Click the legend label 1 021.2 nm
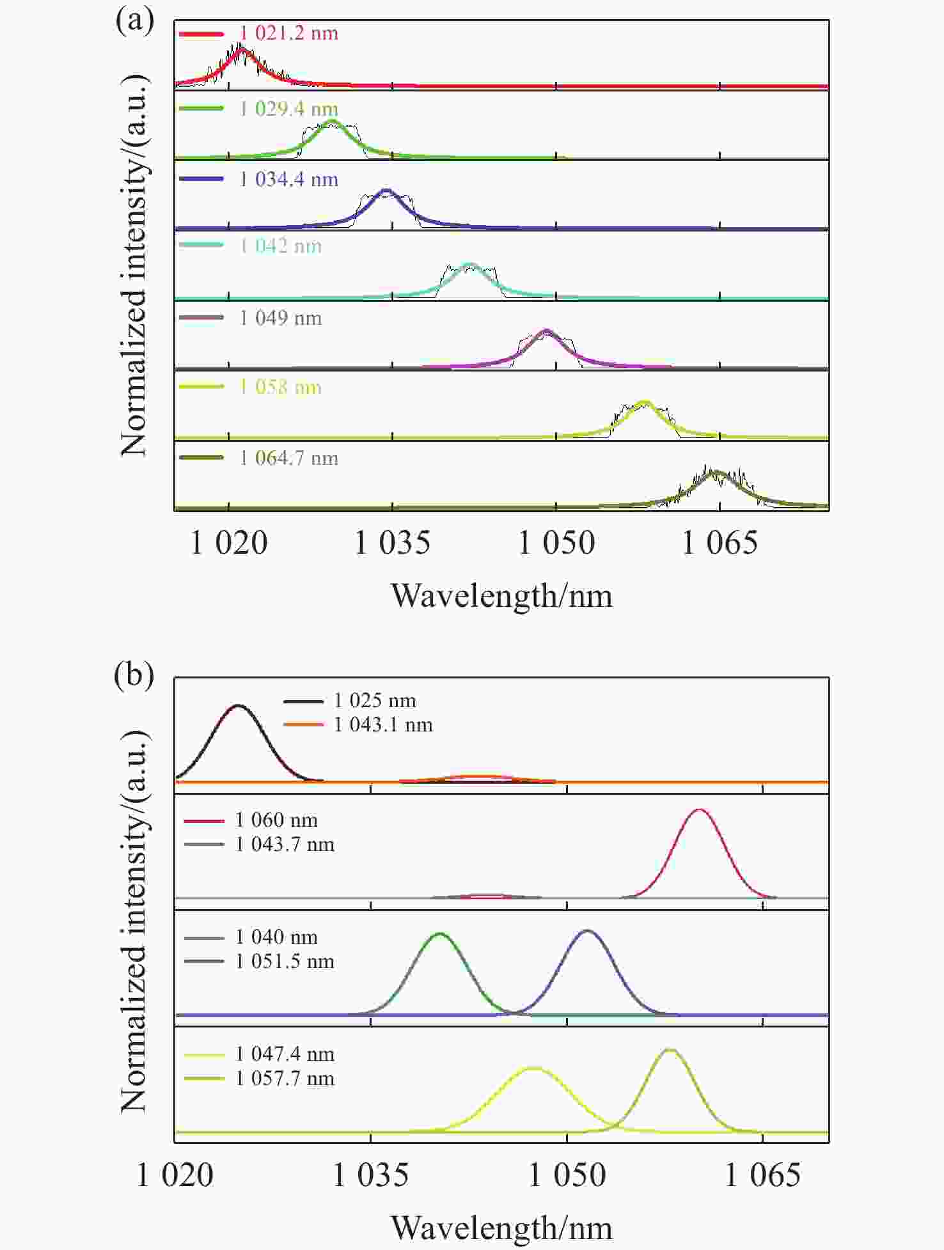click(x=288, y=33)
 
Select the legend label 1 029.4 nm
click(x=288, y=109)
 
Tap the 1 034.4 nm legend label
click(x=288, y=179)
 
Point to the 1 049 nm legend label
click(x=280, y=318)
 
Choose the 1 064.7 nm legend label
click(x=288, y=458)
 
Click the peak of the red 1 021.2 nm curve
click(x=241, y=49)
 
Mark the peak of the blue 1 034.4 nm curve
click(x=386, y=190)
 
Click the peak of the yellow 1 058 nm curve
click(x=644, y=403)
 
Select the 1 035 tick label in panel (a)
click(x=392, y=543)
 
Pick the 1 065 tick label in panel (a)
click(x=720, y=543)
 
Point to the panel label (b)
click(x=134, y=675)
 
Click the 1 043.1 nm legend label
click(x=383, y=725)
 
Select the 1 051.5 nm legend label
click(x=285, y=962)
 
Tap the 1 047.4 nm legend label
click(x=285, y=1054)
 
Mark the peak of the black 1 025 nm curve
click(x=239, y=706)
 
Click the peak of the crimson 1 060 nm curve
click(x=698, y=810)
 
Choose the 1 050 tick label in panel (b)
click(x=567, y=1175)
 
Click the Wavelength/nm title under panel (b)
click(x=501, y=1228)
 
